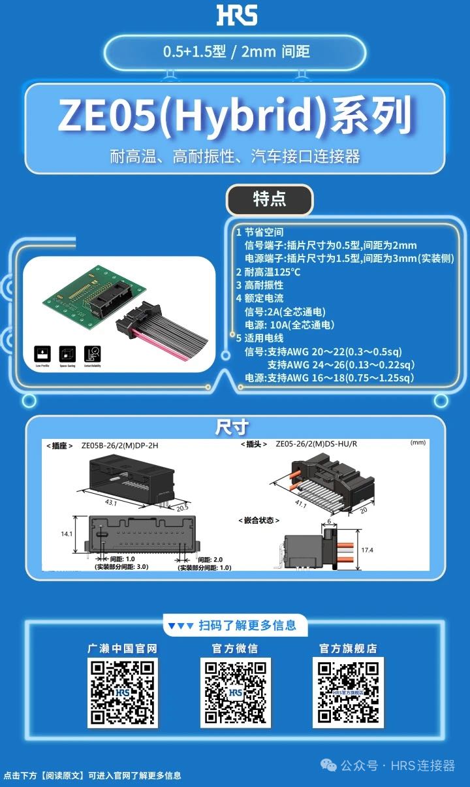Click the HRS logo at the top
point(236,14)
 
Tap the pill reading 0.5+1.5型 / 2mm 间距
point(236,52)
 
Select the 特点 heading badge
point(269,199)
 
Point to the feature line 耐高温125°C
point(268,272)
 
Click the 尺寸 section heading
point(232,427)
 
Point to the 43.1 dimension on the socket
point(112,503)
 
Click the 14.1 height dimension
point(67,534)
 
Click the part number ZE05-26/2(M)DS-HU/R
point(316,444)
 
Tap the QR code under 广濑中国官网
point(123,692)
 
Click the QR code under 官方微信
point(235,692)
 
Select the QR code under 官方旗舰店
point(347,692)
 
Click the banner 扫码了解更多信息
point(235,625)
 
